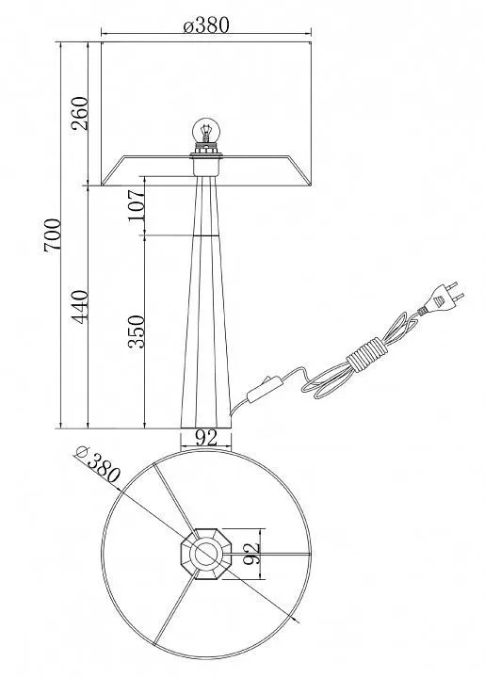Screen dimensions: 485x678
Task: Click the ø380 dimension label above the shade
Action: tap(205, 25)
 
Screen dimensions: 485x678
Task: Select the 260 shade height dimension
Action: tap(80, 113)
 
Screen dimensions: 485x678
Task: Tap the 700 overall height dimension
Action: tap(53, 235)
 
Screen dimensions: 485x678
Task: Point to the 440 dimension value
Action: tap(80, 306)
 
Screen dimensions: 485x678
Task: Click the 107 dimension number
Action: tap(137, 205)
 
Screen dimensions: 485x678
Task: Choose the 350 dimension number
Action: tap(137, 331)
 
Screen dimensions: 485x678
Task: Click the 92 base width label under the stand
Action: tap(206, 439)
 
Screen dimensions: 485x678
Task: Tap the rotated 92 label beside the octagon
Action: tap(251, 554)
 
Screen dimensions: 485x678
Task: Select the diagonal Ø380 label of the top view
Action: tap(97, 464)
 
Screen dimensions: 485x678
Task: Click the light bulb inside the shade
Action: tap(206, 130)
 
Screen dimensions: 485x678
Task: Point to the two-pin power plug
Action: tap(443, 297)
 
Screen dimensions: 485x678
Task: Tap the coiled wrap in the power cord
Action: tap(365, 355)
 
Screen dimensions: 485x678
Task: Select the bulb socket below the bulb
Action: tap(206, 159)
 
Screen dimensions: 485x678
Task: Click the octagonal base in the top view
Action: tap(206, 554)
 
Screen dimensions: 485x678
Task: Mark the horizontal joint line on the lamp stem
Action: tap(206, 234)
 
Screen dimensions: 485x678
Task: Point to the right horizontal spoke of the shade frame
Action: tap(267, 554)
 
